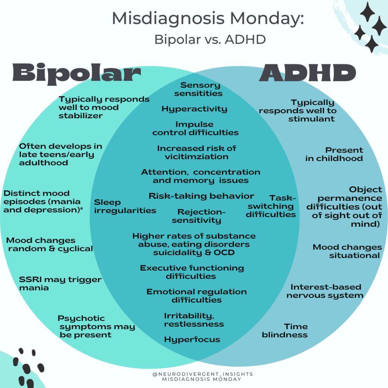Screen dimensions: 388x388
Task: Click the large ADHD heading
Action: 307,73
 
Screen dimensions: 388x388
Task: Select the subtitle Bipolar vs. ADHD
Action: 210,39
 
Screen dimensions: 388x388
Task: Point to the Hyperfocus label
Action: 192,339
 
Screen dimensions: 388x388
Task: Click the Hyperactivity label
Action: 194,109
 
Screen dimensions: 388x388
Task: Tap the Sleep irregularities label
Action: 125,207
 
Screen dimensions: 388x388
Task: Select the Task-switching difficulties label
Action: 271,206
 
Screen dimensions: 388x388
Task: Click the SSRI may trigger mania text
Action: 60,283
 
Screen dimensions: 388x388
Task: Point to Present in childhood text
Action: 334,154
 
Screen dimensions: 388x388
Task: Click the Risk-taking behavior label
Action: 201,196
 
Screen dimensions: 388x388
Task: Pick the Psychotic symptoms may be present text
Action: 96,326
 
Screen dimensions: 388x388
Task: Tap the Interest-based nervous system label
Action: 325,291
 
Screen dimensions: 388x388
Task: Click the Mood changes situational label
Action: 347,251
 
